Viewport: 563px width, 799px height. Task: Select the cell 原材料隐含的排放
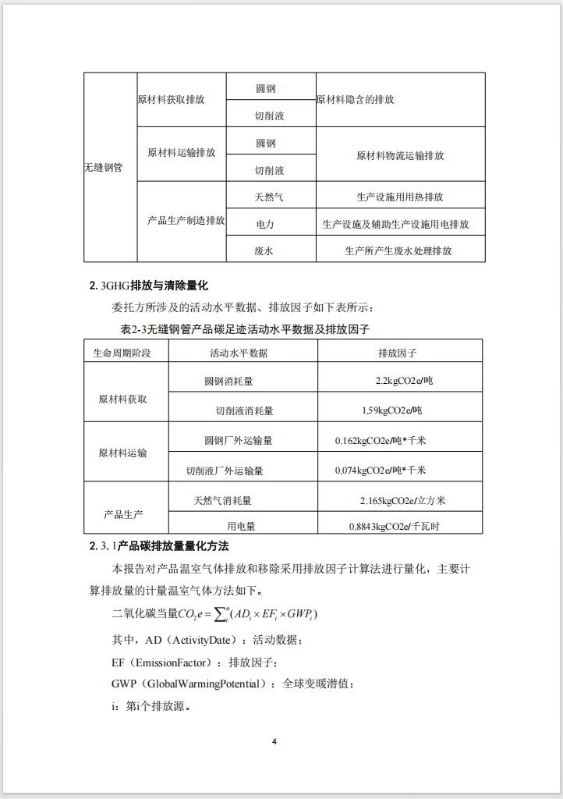[355, 100]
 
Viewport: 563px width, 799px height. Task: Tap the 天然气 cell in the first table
[269, 197]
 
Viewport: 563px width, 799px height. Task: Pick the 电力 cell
[265, 224]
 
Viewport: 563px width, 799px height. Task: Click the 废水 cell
[264, 250]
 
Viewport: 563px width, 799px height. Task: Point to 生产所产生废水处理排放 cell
[398, 250]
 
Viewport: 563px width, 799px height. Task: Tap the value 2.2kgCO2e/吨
[398, 382]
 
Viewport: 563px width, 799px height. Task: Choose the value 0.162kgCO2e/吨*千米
[381, 440]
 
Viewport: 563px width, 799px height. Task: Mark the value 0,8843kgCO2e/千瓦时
[394, 527]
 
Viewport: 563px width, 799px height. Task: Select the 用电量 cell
[241, 527]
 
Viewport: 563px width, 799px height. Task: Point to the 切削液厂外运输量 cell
[225, 471]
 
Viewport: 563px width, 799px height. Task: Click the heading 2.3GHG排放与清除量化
[149, 286]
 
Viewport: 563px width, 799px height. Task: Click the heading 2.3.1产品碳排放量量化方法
[159, 545]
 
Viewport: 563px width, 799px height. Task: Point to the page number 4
[274, 740]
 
